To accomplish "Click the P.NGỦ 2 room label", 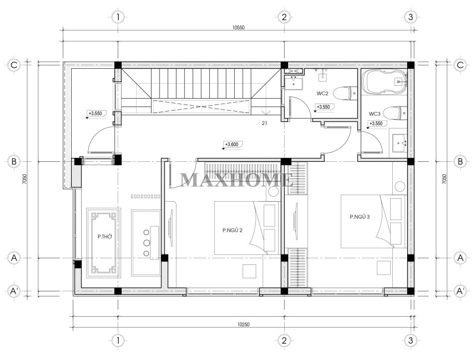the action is pyautogui.click(x=232, y=231).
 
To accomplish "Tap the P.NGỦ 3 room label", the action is pyautogui.click(x=359, y=217).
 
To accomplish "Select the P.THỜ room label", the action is pyautogui.click(x=105, y=237).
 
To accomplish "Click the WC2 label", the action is pyautogui.click(x=322, y=94).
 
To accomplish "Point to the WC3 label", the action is pyautogui.click(x=375, y=114).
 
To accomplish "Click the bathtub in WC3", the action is pyautogui.click(x=385, y=82).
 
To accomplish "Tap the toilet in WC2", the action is pyautogui.click(x=345, y=94).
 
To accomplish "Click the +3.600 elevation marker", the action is pyautogui.click(x=232, y=145).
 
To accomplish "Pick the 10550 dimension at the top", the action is pyautogui.click(x=238, y=27).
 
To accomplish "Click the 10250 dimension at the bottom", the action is pyautogui.click(x=243, y=325).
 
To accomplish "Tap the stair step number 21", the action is pyautogui.click(x=264, y=123).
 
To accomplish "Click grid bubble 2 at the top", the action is pyautogui.click(x=284, y=17).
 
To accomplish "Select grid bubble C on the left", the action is pyautogui.click(x=13, y=65).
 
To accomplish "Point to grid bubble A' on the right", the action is pyautogui.click(x=460, y=291).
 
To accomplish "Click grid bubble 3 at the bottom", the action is pyautogui.click(x=411, y=341).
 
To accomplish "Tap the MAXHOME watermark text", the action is pyautogui.click(x=237, y=180).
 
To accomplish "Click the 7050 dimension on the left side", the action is pyautogui.click(x=24, y=179).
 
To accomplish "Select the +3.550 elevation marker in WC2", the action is pyautogui.click(x=323, y=108).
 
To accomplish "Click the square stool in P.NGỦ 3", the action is pyautogui.click(x=384, y=267).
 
